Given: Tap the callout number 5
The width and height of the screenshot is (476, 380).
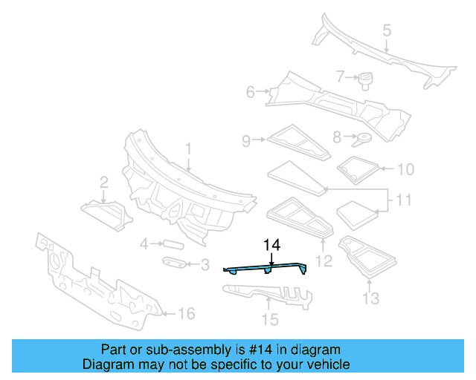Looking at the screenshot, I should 387,30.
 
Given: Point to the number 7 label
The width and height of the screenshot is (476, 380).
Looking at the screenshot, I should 341,76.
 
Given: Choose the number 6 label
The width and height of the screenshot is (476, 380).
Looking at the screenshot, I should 251,92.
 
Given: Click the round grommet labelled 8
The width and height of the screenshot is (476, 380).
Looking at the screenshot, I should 364,137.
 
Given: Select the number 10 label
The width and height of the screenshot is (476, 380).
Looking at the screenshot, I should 405,169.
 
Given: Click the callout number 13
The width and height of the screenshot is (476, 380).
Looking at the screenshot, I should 370,298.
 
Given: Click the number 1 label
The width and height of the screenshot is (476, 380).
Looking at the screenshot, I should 188,149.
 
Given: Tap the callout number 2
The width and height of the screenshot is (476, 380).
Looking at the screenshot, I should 104,181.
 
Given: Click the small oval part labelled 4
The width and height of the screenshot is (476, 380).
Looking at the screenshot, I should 172,243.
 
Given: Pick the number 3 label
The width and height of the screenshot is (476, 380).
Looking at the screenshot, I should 205,264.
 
